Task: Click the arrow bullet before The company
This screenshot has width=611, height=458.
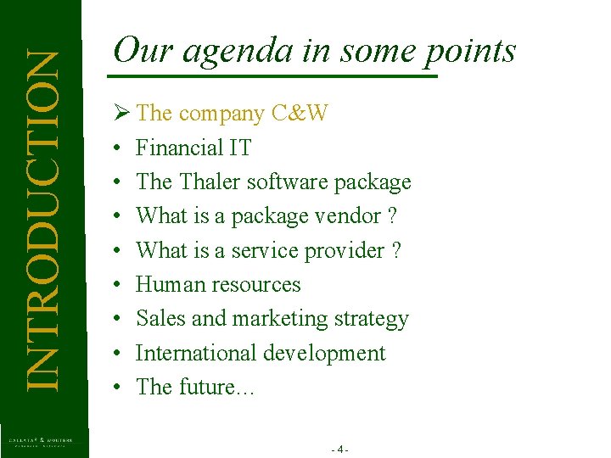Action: pyautogui.click(x=120, y=113)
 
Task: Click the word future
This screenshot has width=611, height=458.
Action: pyautogui.click(x=207, y=387)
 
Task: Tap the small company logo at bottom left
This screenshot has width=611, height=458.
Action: pyautogui.click(x=41, y=442)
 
